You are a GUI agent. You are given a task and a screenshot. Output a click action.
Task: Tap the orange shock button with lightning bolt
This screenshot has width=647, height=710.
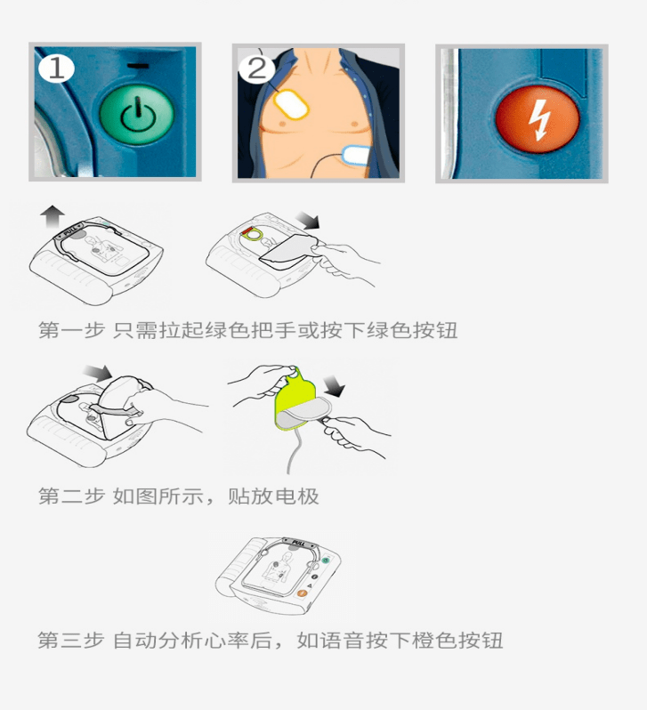tap(537, 117)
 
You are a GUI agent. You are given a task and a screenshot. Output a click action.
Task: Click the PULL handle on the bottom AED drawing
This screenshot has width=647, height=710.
tap(294, 541)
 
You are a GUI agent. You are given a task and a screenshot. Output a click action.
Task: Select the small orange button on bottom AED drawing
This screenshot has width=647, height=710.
tap(302, 592)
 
